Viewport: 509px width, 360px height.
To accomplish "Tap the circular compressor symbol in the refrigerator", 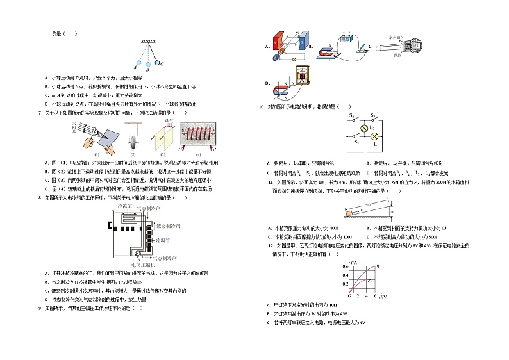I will coord(137,256).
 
